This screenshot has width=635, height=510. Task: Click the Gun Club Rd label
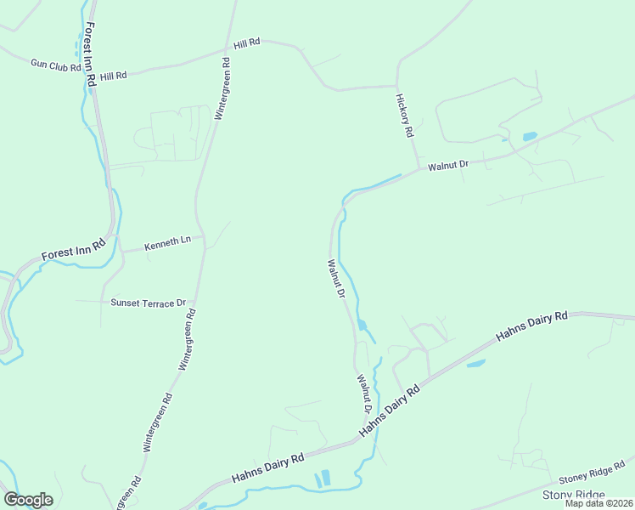click(x=55, y=64)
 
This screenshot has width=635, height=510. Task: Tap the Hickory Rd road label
click(x=404, y=116)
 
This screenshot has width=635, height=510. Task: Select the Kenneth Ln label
click(x=167, y=242)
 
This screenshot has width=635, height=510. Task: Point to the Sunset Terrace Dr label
click(x=148, y=303)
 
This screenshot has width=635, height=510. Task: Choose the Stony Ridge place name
click(x=574, y=495)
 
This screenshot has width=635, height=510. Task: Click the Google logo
click(x=28, y=500)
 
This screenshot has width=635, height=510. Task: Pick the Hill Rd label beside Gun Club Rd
click(x=113, y=76)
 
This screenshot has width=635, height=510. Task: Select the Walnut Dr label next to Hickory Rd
click(x=448, y=165)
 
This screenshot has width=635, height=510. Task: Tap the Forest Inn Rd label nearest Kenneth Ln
click(x=73, y=250)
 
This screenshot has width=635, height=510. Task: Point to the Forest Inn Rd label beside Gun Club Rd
click(x=90, y=54)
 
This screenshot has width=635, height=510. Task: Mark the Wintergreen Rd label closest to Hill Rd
click(x=222, y=88)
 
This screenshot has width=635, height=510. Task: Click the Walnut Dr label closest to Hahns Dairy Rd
click(x=364, y=394)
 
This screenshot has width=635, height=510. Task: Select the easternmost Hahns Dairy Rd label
click(x=531, y=326)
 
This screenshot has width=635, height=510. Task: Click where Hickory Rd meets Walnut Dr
click(x=418, y=170)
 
